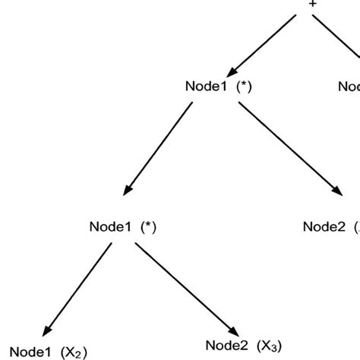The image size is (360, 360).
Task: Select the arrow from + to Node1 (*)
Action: point(265,42)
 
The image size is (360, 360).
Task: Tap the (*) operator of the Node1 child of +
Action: point(243,87)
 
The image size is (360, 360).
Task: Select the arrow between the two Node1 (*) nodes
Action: point(158,148)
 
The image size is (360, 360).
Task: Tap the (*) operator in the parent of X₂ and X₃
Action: point(147,227)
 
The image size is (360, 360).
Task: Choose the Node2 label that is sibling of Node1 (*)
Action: point(325,226)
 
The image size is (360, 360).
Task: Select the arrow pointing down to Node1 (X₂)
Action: point(72,288)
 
